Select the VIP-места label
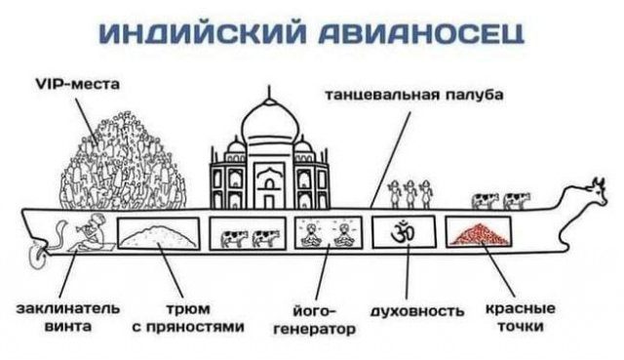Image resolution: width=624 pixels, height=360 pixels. pyautogui.click(x=78, y=85)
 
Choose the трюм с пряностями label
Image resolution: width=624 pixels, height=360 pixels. pyautogui.click(x=187, y=318)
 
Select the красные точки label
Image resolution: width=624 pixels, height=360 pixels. pyautogui.click(x=516, y=317)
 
